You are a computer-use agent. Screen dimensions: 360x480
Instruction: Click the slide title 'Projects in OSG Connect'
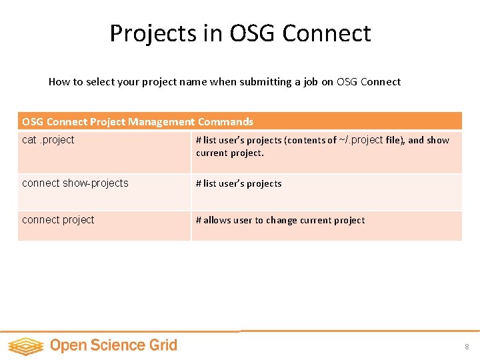240,33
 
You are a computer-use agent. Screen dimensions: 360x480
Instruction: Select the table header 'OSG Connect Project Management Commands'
137,121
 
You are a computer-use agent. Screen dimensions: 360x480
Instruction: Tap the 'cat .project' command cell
49,140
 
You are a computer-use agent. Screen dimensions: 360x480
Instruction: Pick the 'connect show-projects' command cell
75,183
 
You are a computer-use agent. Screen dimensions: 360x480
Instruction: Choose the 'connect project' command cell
59,220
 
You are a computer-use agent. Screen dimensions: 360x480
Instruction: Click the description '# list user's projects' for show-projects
239,183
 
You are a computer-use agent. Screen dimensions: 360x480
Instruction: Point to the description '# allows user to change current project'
280,220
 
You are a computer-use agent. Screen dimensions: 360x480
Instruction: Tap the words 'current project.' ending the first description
230,153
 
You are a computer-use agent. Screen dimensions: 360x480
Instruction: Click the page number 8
467,347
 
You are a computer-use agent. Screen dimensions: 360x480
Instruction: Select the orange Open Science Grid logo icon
25,345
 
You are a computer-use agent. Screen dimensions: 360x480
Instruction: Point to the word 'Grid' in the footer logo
163,345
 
